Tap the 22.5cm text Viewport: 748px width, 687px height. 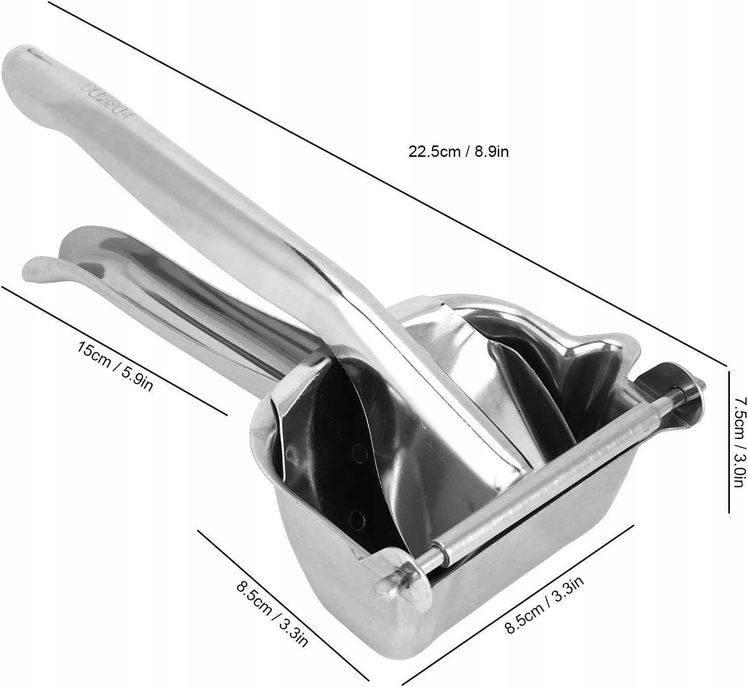(435, 152)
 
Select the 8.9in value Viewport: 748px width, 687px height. (492, 152)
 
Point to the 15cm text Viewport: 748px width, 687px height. (92, 356)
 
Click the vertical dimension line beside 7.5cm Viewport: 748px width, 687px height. (729, 442)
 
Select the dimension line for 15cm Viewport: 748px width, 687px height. (114, 350)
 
